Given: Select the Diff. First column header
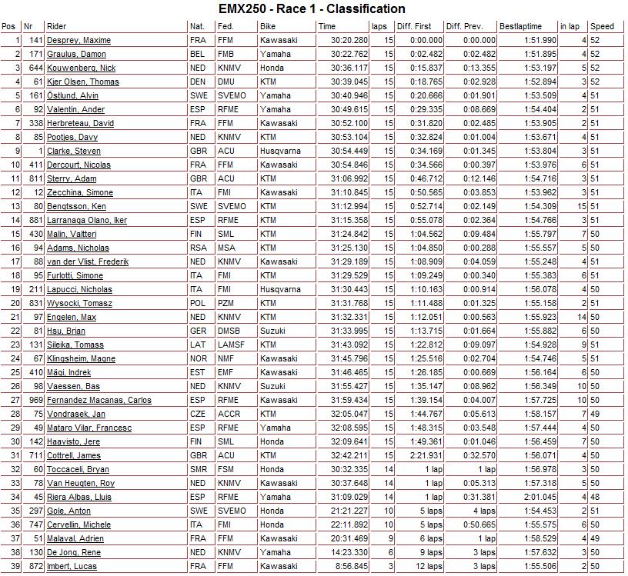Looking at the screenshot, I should point(414,26).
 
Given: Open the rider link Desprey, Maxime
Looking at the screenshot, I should point(79,40).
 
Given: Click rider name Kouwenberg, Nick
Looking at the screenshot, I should point(82,68).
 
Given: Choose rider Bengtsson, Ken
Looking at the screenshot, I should point(76,206).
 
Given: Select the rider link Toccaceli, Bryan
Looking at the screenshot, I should point(78,469).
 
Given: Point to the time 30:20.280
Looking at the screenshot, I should point(349,40).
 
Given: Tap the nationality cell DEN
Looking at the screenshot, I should point(198,82).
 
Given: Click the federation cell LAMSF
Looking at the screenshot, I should point(229,345).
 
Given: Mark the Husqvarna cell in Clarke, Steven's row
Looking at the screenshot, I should point(280,151).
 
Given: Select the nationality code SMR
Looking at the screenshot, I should point(199,469).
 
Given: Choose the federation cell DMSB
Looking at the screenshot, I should point(229,331).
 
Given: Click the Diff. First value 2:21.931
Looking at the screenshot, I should point(424,455).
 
